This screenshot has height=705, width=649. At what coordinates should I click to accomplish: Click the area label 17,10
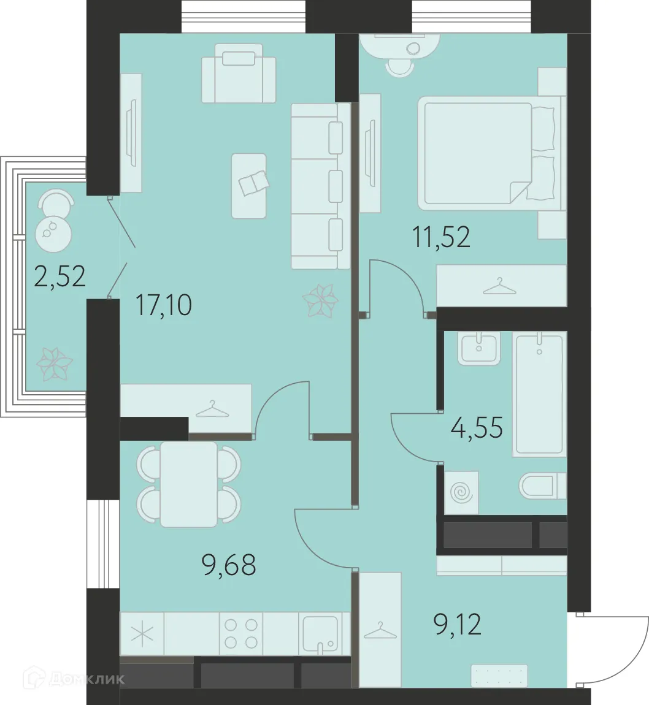(163, 304)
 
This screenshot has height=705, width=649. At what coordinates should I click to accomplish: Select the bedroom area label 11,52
(441, 236)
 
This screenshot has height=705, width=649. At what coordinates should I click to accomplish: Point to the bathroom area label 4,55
(476, 427)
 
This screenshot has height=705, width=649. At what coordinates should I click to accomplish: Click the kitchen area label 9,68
(228, 564)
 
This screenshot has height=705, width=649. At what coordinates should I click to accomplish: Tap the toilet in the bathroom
(543, 487)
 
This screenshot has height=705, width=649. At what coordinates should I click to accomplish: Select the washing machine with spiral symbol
(459, 492)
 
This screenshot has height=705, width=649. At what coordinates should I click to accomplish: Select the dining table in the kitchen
(188, 484)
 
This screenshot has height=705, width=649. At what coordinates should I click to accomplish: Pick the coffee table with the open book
(249, 185)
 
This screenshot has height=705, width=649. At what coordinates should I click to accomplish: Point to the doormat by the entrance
(500, 676)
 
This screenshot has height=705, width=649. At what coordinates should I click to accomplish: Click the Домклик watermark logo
(74, 679)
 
